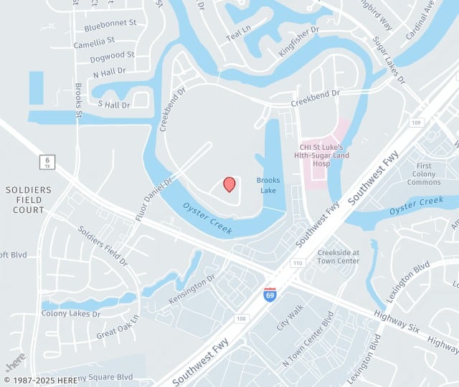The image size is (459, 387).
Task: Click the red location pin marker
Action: pos(229,184)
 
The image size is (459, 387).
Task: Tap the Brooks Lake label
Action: pos(268,186)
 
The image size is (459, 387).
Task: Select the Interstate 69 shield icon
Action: pos(270,295)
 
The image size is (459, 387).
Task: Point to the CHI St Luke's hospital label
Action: pos(325,156)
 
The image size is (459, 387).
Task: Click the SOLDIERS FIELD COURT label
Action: pos(29,200)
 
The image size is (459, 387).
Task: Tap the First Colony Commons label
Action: pos(425,173)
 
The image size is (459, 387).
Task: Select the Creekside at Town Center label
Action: pos(339,257)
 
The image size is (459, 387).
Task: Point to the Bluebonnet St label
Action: pos(110,23)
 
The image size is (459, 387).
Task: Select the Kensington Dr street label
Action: pos(191,288)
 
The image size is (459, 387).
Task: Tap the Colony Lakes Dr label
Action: pos(71,314)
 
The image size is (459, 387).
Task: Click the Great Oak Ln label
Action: pos(117,327)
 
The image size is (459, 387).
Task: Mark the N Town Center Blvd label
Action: pos(308,339)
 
